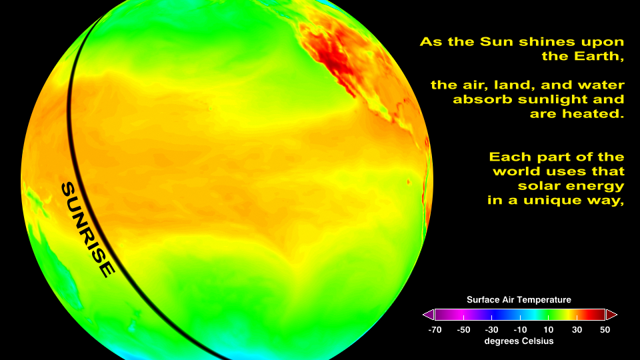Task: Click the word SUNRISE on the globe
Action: point(88,229)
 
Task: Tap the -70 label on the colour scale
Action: point(435,330)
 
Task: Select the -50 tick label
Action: point(463,330)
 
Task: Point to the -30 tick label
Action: point(491,330)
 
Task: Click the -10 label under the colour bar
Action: point(519,330)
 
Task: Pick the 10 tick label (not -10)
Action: point(548,330)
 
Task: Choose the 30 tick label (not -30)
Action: point(577,330)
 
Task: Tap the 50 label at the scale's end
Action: point(605,330)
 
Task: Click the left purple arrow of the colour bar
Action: point(429,315)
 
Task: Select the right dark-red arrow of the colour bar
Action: point(611,315)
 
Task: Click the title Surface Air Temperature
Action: point(519,300)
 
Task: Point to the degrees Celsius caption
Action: point(519,341)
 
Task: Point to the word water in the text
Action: point(604,85)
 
